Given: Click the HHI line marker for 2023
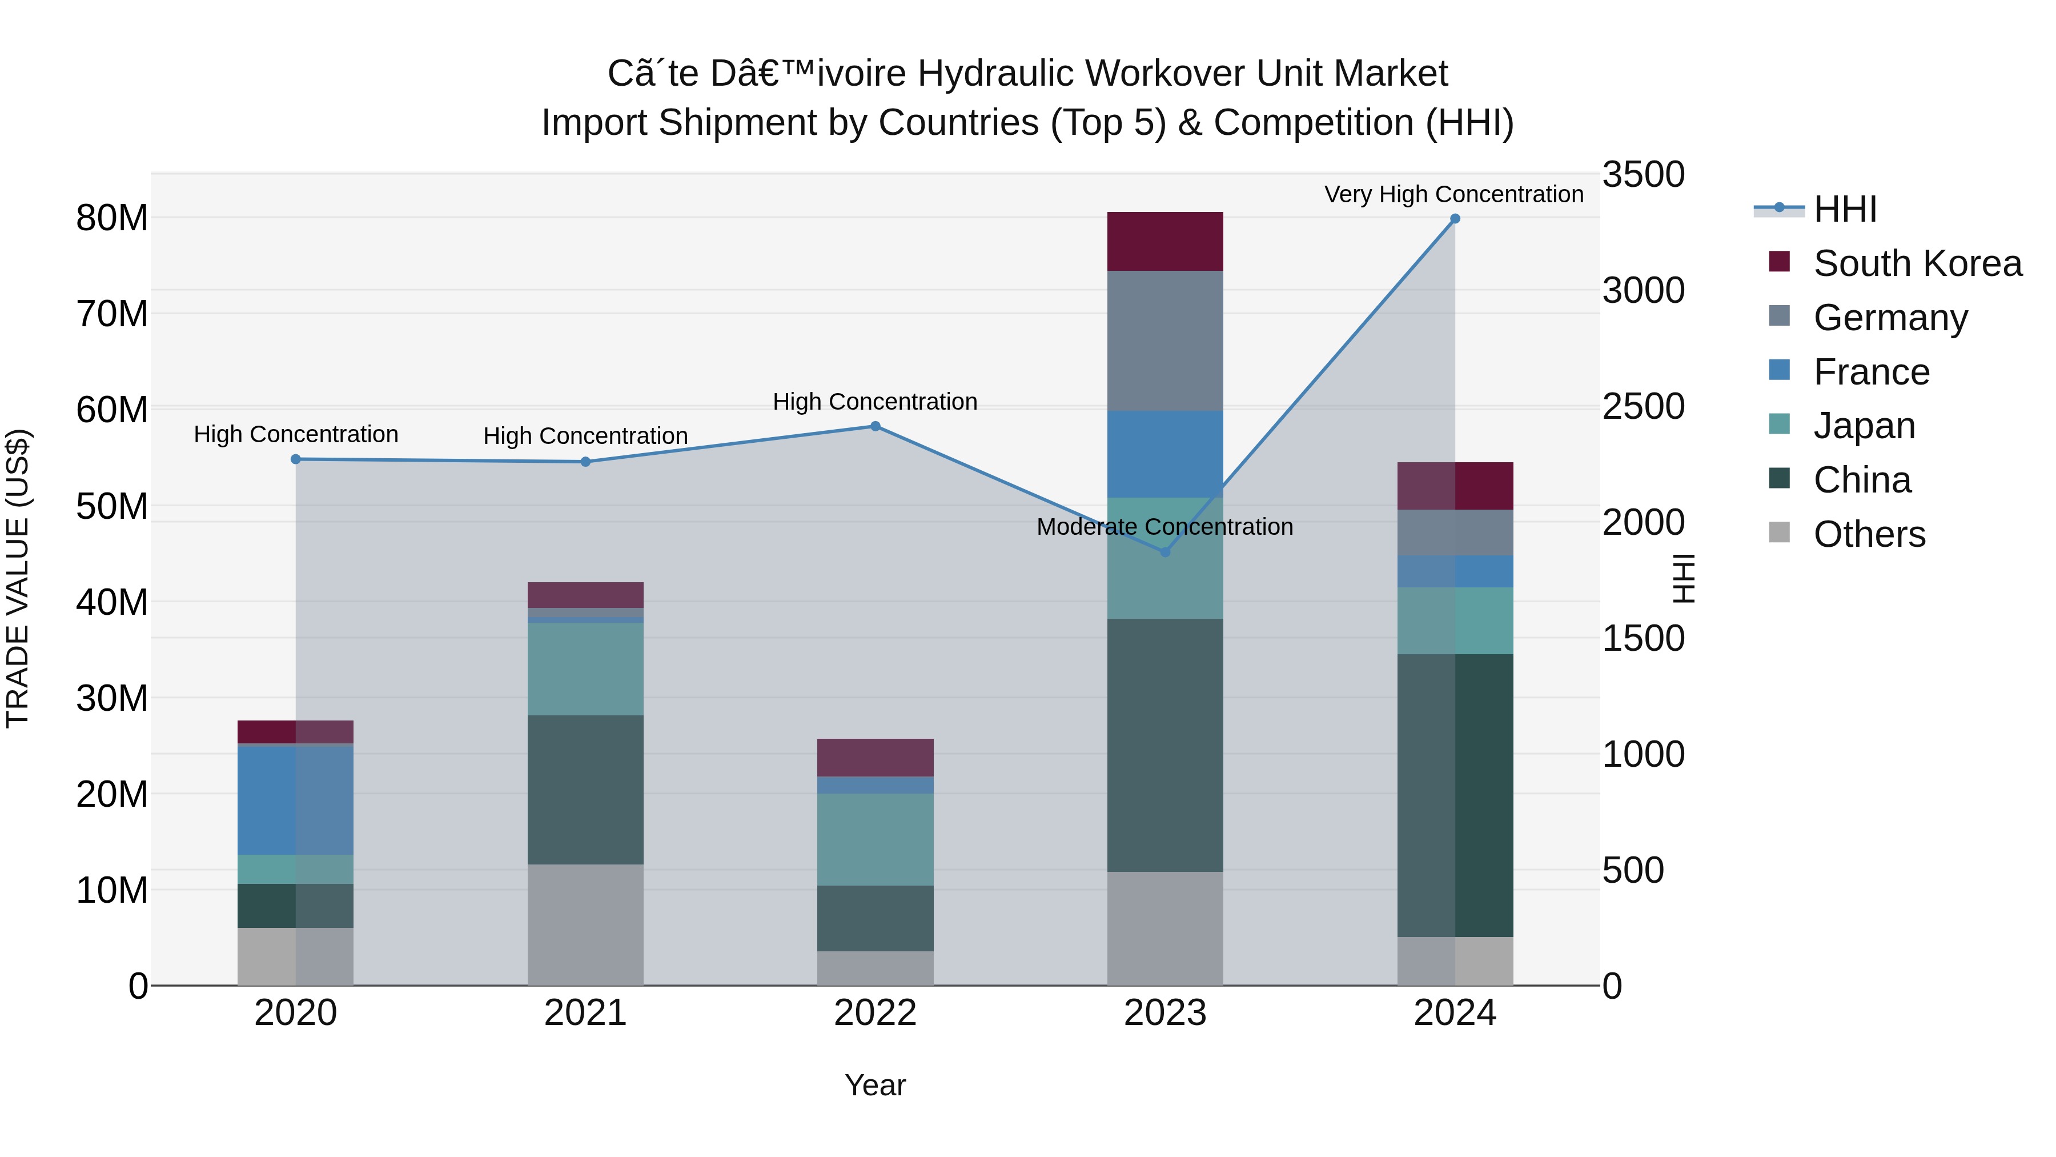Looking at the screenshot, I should click(x=1164, y=552).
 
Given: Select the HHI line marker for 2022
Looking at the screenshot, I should click(x=875, y=426).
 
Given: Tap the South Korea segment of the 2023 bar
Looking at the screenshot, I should click(x=1164, y=241).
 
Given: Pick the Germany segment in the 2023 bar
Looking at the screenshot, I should click(x=1164, y=341).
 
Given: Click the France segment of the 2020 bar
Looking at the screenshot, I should click(x=295, y=799).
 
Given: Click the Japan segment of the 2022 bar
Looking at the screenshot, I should click(x=875, y=839).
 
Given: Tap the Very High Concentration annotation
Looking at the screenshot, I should click(x=1453, y=194).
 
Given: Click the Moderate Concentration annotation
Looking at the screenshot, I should click(x=1164, y=527).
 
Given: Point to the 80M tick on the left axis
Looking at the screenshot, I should click(x=112, y=218).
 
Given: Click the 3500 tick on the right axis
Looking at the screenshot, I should click(x=1643, y=174).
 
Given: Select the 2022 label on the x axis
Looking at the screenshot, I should click(x=875, y=1013).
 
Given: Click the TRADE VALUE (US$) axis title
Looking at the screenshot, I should click(x=18, y=578).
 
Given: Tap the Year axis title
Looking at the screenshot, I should click(x=875, y=1085).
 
